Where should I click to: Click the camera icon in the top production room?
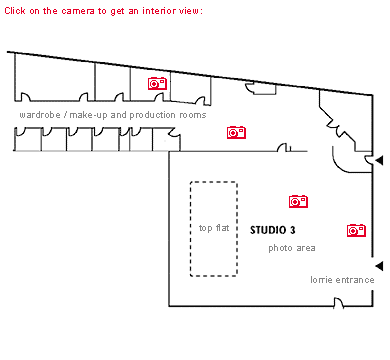point(157,84)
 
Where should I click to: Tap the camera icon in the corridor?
point(237,132)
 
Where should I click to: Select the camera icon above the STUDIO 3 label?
point(298,201)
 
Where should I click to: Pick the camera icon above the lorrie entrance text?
point(356,230)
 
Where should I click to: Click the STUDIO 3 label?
point(272,230)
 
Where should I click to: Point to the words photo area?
point(292,247)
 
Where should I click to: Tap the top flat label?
point(214,228)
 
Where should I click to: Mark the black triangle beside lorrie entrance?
point(379,265)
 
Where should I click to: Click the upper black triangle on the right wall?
point(379,160)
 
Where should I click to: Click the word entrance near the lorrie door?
point(355,280)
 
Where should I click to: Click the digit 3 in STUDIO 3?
point(292,230)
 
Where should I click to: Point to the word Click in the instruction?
point(15,10)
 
